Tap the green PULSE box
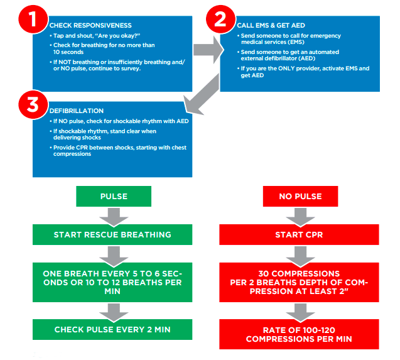114,196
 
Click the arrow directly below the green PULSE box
114,215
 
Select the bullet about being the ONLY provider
305,70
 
